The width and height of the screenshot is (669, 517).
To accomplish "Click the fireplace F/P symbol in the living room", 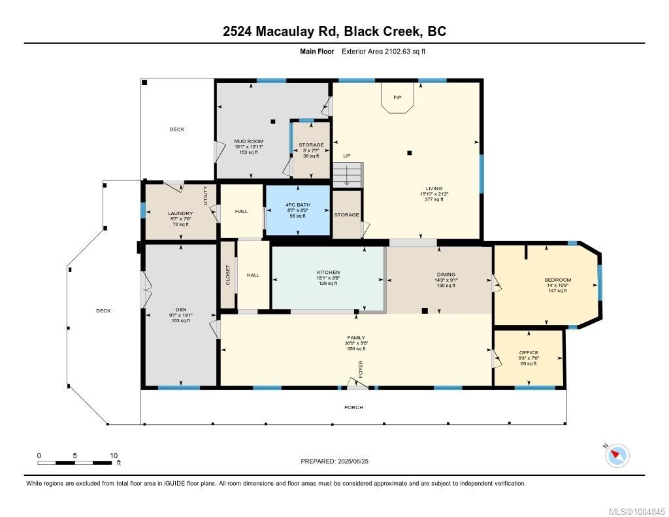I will pos(397,98).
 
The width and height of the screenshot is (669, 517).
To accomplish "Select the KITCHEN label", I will pos(328,273).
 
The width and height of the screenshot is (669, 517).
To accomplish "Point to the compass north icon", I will pos(617,455).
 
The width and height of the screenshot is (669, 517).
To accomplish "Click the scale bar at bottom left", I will pos(76,463).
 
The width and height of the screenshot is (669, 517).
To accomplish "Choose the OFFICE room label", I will pos(529,352).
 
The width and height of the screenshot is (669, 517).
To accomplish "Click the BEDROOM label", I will pos(557,280).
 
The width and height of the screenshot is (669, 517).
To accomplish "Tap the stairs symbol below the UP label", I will pos(346,175).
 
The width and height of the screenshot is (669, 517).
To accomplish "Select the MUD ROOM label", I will pos(249,141).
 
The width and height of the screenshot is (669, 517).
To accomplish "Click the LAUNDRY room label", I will pos(180,213).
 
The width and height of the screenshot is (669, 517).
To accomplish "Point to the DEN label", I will pos(180,310).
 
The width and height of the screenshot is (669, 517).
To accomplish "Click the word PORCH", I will pos(353,407).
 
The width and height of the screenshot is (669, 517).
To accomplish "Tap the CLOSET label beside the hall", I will pos(228,275).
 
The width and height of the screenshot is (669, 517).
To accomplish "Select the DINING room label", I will pos(446,275).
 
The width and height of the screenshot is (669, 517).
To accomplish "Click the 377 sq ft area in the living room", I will pos(434,199).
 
